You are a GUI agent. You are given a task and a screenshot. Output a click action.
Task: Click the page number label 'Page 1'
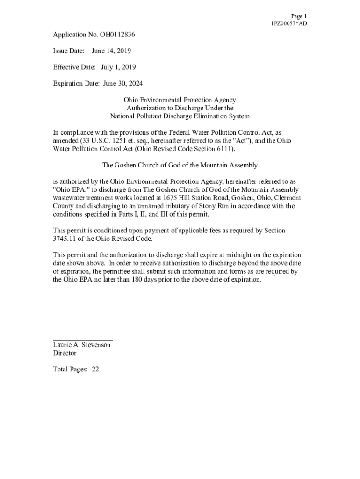(298, 16)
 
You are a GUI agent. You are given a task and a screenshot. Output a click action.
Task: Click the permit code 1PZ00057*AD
(289, 24)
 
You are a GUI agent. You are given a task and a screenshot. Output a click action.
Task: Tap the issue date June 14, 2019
(111, 51)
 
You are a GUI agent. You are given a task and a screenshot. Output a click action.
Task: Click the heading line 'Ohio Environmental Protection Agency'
(180, 100)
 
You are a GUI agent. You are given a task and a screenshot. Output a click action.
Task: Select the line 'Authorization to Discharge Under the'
(180, 108)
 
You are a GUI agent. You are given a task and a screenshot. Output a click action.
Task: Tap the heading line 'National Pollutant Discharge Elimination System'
(180, 116)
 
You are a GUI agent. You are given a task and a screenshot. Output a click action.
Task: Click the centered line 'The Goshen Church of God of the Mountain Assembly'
(180, 165)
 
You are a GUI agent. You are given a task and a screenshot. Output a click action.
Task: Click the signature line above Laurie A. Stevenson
(83, 340)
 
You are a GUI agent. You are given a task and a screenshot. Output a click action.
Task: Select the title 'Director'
(65, 353)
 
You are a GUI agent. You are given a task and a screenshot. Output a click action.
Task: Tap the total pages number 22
(95, 369)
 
